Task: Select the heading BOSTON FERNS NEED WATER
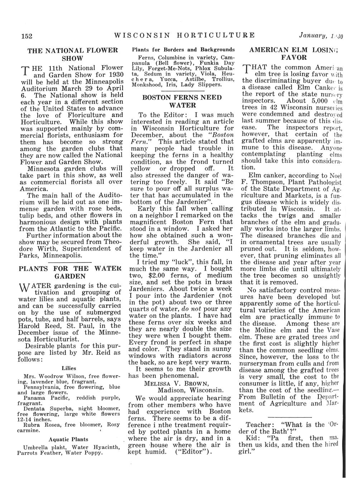(x=182, y=101)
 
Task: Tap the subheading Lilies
(x=69, y=368)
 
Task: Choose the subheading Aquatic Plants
(x=68, y=439)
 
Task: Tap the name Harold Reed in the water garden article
(x=40, y=326)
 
